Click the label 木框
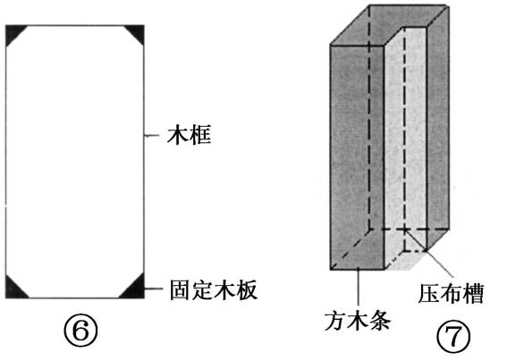point(190,135)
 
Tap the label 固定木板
point(214,289)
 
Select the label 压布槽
point(451,294)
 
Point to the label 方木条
point(358,321)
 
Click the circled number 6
point(80,330)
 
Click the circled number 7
point(453,336)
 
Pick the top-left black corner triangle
point(13,31)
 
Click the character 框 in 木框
point(200,135)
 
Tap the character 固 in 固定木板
point(181,289)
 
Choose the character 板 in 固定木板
point(247,289)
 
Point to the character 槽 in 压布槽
point(473,294)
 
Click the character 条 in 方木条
point(381,321)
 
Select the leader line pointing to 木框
point(152,136)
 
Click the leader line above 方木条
point(359,287)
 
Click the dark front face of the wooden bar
point(357,157)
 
